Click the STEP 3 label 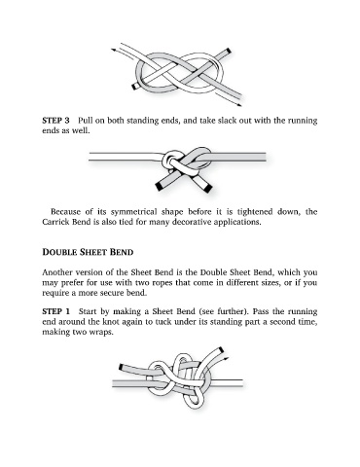coord(55,121)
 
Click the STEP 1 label coord(55,311)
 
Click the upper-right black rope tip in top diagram coord(228,52)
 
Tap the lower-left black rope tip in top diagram coord(134,87)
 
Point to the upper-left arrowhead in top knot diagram coord(114,51)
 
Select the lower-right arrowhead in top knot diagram coord(239,105)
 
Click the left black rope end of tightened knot coord(160,187)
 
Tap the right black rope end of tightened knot coord(207,187)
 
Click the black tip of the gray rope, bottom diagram coord(121,368)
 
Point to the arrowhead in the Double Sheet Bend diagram coord(227,358)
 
